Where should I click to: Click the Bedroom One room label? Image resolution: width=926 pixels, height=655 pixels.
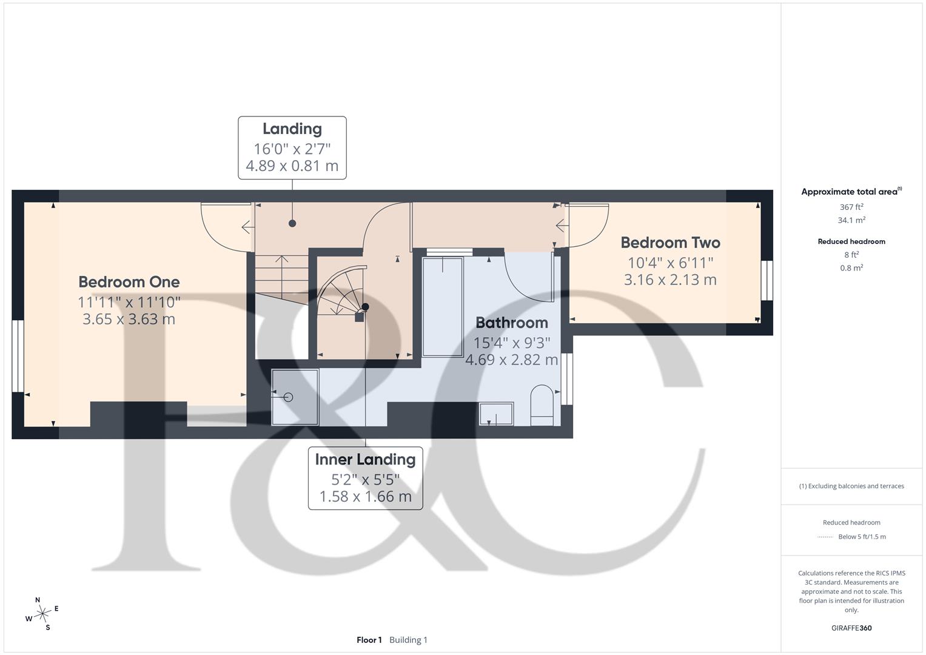tap(129, 282)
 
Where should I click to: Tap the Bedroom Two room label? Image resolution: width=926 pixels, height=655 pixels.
tap(670, 243)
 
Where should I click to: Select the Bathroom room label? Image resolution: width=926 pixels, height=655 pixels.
tap(512, 323)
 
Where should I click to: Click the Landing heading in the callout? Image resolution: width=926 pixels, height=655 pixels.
tap(292, 129)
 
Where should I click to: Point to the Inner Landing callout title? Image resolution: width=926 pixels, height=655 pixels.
tap(366, 460)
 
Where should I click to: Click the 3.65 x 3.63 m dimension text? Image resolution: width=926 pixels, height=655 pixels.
tap(129, 319)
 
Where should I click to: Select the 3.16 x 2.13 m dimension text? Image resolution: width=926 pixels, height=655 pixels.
tap(670, 280)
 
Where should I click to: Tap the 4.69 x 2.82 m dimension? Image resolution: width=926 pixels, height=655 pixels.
tap(512, 360)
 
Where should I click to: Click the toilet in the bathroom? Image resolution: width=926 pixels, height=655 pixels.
tap(542, 405)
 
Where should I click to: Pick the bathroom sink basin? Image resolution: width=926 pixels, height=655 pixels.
tap(496, 414)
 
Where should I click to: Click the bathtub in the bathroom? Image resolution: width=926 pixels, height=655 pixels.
tap(443, 306)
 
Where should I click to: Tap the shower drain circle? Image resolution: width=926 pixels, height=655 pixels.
tap(289, 397)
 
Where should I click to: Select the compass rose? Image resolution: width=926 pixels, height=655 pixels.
tap(42, 614)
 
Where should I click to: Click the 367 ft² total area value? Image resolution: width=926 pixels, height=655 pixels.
tap(851, 207)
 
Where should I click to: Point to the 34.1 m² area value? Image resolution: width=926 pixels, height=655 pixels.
tap(851, 220)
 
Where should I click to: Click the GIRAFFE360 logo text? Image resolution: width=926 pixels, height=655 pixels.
tap(851, 628)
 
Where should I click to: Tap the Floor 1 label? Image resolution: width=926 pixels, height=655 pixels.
tap(369, 640)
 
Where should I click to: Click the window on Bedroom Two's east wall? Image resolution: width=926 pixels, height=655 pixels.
tap(767, 280)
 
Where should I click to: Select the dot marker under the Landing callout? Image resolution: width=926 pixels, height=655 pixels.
tap(292, 224)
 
